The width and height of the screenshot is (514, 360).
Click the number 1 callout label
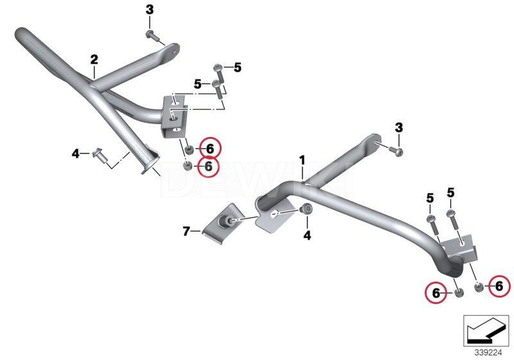[x=302, y=161]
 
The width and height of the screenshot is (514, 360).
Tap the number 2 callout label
[x=94, y=60]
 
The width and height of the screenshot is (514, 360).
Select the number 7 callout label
[x=186, y=231]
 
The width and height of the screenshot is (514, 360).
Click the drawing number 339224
[x=488, y=353]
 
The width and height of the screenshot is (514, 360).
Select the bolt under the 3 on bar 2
[x=152, y=35]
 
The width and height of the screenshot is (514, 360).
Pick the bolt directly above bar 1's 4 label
[x=307, y=209]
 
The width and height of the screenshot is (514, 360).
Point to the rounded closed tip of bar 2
[x=21, y=33]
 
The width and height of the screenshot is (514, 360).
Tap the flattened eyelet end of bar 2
[x=172, y=51]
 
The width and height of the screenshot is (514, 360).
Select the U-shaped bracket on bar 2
[x=173, y=116]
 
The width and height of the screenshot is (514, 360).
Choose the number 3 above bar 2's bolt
[x=150, y=10]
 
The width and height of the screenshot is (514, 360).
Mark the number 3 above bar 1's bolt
[x=398, y=127]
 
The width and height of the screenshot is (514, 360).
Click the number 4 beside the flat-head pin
[x=75, y=154]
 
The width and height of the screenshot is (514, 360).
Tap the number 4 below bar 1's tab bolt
[x=307, y=235]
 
